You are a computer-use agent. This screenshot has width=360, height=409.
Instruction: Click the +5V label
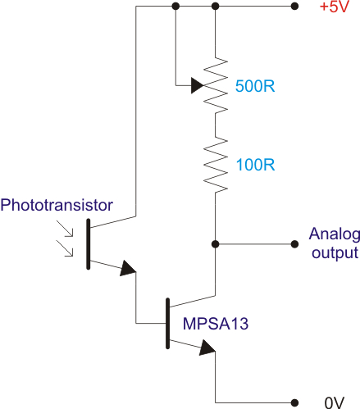click(335, 7)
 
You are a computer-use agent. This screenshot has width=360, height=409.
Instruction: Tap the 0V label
click(335, 402)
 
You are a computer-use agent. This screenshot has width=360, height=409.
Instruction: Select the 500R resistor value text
click(255, 86)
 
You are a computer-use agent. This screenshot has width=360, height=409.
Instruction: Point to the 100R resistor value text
click(255, 165)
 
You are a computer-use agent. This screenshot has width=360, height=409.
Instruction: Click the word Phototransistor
click(57, 205)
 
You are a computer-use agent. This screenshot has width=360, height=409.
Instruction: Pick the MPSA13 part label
click(216, 324)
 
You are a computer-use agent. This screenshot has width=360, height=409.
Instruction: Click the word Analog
click(335, 235)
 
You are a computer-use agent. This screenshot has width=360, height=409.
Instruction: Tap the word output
click(335, 253)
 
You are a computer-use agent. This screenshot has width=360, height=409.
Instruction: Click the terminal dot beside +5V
click(294, 6)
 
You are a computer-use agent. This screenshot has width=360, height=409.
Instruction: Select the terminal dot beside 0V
click(294, 402)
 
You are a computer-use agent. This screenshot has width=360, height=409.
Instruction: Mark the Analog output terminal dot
click(294, 244)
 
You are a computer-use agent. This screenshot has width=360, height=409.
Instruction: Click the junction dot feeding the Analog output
click(216, 244)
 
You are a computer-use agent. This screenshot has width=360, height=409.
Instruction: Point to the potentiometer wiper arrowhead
click(198, 85)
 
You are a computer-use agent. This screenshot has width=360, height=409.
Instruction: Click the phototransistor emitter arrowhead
click(128, 268)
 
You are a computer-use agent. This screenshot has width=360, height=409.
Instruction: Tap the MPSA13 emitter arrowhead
click(207, 348)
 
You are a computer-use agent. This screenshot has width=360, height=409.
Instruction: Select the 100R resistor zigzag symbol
click(216, 165)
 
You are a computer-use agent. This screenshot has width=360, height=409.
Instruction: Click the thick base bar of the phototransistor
click(89, 244)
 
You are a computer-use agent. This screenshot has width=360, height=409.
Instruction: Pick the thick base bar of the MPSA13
click(167, 323)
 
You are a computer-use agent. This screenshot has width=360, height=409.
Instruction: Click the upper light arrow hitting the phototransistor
click(65, 229)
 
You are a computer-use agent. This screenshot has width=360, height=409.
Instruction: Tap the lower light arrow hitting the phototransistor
click(65, 248)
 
